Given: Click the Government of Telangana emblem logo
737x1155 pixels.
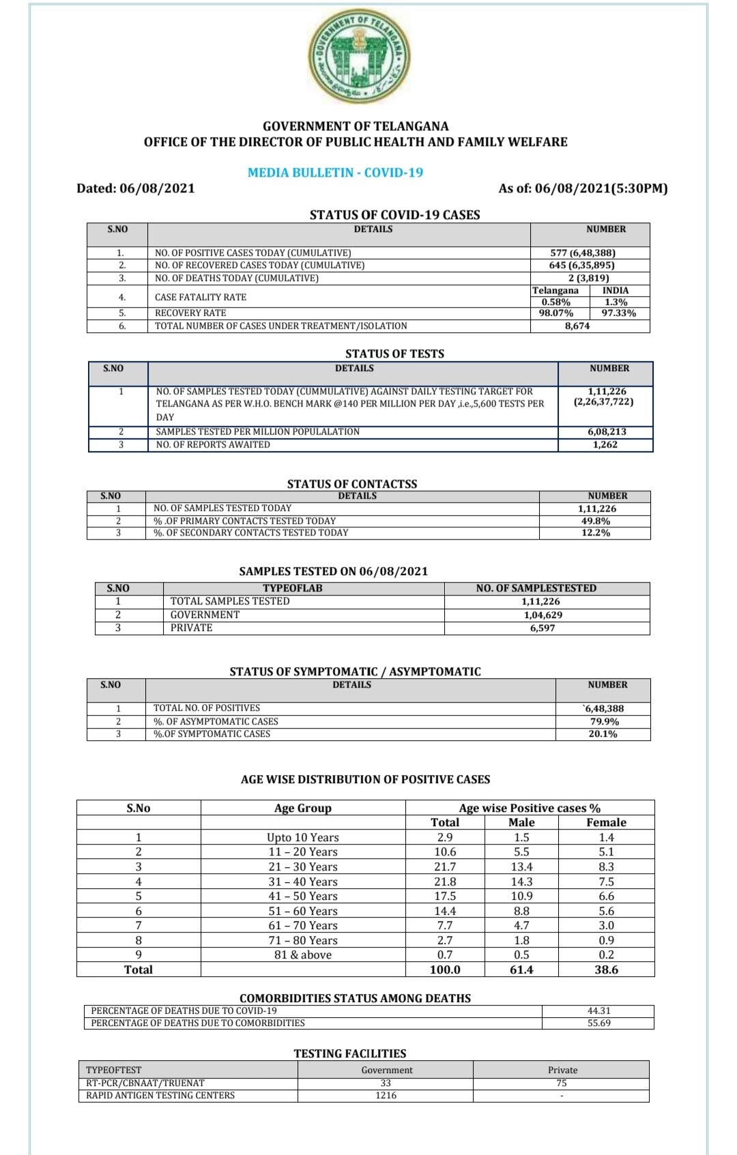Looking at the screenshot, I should click(x=360, y=59).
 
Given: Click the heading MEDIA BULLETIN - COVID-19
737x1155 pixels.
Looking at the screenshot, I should click(x=335, y=173).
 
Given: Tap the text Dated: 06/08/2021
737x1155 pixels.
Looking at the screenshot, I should click(x=136, y=188).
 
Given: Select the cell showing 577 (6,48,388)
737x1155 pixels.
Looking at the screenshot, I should click(x=582, y=252).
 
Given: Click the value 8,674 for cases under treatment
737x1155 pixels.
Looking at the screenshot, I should click(x=577, y=326).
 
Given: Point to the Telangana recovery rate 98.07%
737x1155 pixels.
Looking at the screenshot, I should click(x=556, y=313).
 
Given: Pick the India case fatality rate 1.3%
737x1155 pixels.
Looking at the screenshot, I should click(x=616, y=302).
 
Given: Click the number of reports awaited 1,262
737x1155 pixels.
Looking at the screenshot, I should click(x=605, y=445).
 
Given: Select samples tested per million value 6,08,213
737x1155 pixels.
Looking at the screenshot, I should click(x=607, y=432).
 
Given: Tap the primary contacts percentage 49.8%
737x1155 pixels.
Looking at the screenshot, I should click(x=595, y=521).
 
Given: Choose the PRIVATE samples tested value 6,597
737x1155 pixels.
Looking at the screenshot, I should click(x=543, y=628).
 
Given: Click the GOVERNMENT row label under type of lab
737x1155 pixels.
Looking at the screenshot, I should click(x=205, y=615).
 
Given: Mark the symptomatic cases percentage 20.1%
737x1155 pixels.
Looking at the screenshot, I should click(x=603, y=734).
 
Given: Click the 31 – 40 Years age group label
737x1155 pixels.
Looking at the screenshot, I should click(x=303, y=881).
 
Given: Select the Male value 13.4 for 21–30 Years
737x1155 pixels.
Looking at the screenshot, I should click(x=521, y=866).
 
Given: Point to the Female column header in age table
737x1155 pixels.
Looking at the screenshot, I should click(x=606, y=823).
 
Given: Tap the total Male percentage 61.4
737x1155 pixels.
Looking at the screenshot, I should click(x=521, y=969).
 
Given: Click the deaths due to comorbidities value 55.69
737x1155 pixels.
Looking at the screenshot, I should click(x=598, y=1023).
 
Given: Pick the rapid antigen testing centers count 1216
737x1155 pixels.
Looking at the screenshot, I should click(x=386, y=1096).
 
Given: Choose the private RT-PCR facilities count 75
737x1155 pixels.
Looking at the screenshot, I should click(x=562, y=1083).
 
